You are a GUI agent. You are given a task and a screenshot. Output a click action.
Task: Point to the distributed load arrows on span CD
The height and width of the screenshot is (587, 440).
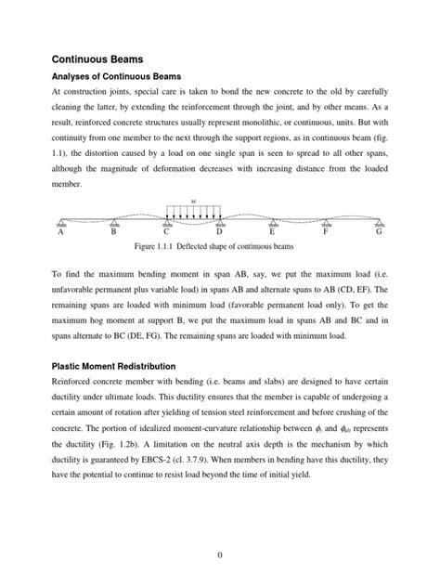point(193,211)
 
